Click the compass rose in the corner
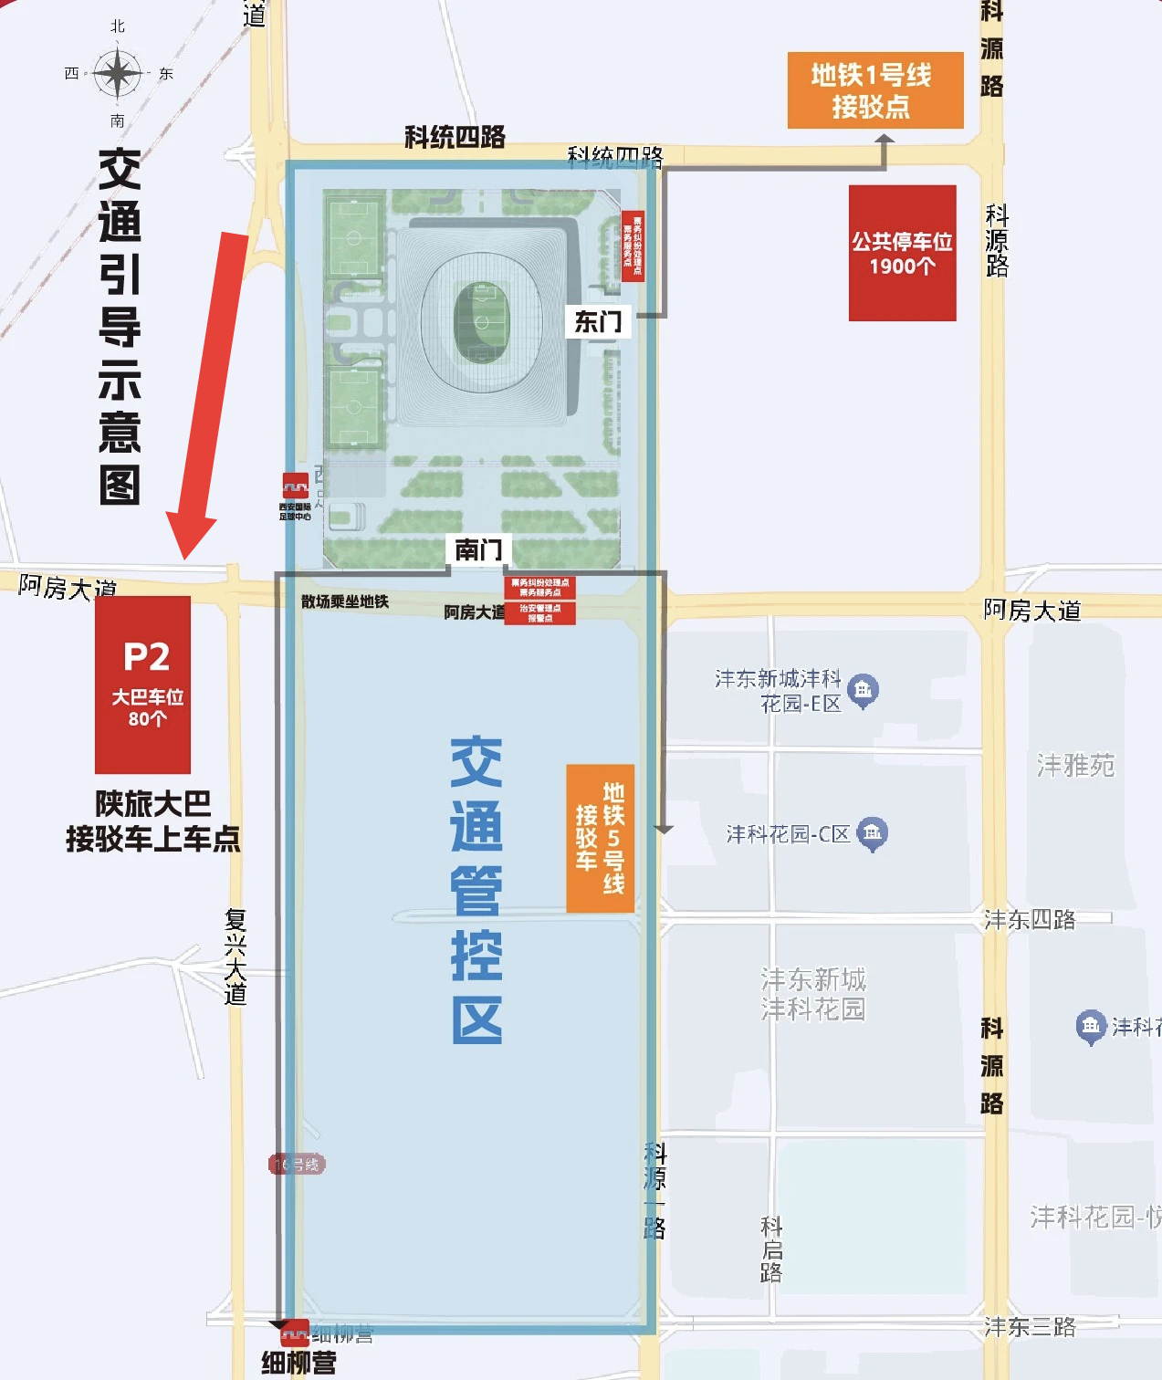tap(118, 74)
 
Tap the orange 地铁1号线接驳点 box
tap(874, 90)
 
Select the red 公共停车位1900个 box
tap(902, 253)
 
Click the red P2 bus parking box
tap(143, 685)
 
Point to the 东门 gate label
tap(598, 321)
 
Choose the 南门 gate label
tap(478, 549)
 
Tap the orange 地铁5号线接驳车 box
tap(600, 838)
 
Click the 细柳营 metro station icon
tap(294, 1335)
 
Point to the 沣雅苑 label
tap(1075, 765)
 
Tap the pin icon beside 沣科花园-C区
tap(873, 832)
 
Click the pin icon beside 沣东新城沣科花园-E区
tap(863, 690)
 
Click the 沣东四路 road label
tap(1029, 919)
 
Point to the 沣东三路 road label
tap(1029, 1326)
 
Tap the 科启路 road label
tap(771, 1249)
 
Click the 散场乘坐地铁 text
tap(345, 601)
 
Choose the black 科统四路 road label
tap(455, 137)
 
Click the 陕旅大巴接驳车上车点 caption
tap(152, 821)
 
